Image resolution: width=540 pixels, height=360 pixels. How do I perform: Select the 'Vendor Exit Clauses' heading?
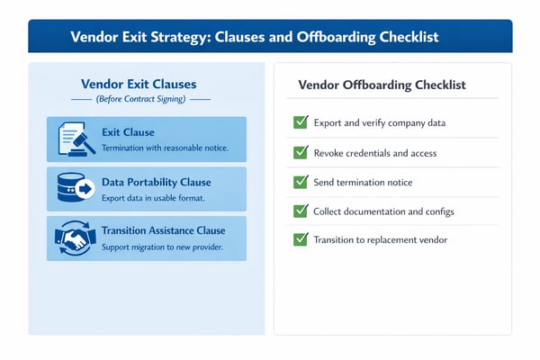point(139,83)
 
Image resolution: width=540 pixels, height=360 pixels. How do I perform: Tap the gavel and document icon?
point(75,139)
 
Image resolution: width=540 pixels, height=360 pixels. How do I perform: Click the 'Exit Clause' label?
point(128,132)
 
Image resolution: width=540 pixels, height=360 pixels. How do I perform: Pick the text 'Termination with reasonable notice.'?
point(165,148)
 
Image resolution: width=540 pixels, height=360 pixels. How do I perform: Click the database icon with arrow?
point(75,188)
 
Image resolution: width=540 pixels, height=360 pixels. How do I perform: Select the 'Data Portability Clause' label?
point(157,182)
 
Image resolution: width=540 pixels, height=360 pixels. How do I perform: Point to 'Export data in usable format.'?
point(154,197)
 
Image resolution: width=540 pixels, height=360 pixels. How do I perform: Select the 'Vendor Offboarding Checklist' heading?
point(382,85)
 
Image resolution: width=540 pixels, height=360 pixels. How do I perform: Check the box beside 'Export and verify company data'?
point(301,122)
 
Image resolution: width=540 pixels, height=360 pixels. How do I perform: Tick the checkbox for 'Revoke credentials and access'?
point(301,152)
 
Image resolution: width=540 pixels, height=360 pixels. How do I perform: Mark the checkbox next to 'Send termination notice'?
point(301,182)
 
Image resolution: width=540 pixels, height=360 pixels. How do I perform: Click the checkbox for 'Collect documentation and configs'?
point(301,211)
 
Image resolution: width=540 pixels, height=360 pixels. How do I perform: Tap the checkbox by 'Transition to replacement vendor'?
point(301,239)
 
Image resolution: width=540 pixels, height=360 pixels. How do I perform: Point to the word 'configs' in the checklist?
point(436,211)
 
